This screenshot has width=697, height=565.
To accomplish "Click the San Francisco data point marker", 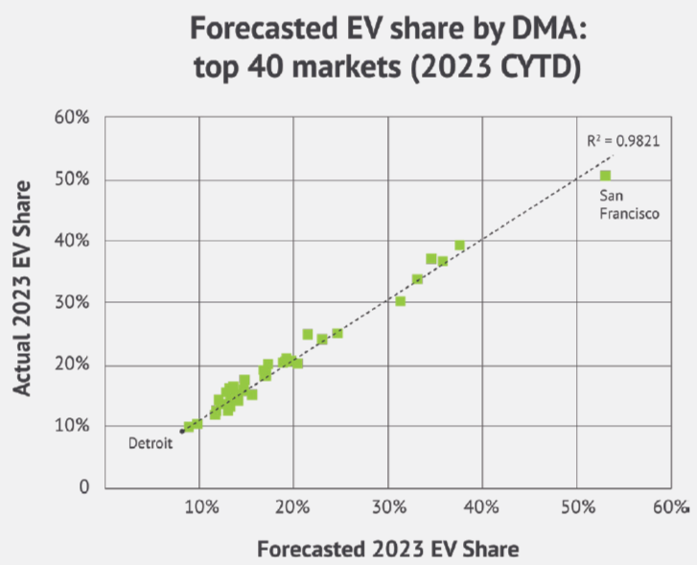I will pos(605,175).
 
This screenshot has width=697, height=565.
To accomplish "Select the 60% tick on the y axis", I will pos(72,118).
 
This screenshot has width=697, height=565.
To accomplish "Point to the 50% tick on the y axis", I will pos(72,179).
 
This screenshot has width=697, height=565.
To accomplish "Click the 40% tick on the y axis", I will pos(72,241).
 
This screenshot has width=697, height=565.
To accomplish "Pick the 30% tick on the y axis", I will pos(72,302).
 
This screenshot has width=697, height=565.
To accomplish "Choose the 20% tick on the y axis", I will pos(72,365).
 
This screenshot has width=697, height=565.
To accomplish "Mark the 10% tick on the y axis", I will pos(72,426).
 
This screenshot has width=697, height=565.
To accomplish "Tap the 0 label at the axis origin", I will pos(84,487).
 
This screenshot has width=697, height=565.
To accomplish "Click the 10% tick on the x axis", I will pos(199,506).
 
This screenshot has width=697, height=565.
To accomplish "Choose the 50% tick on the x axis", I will pos(576,506).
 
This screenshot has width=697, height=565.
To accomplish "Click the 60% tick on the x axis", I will pos(670,506).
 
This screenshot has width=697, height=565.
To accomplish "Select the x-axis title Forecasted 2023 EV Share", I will pos(387,549).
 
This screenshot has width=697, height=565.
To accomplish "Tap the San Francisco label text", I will pos(628,207).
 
